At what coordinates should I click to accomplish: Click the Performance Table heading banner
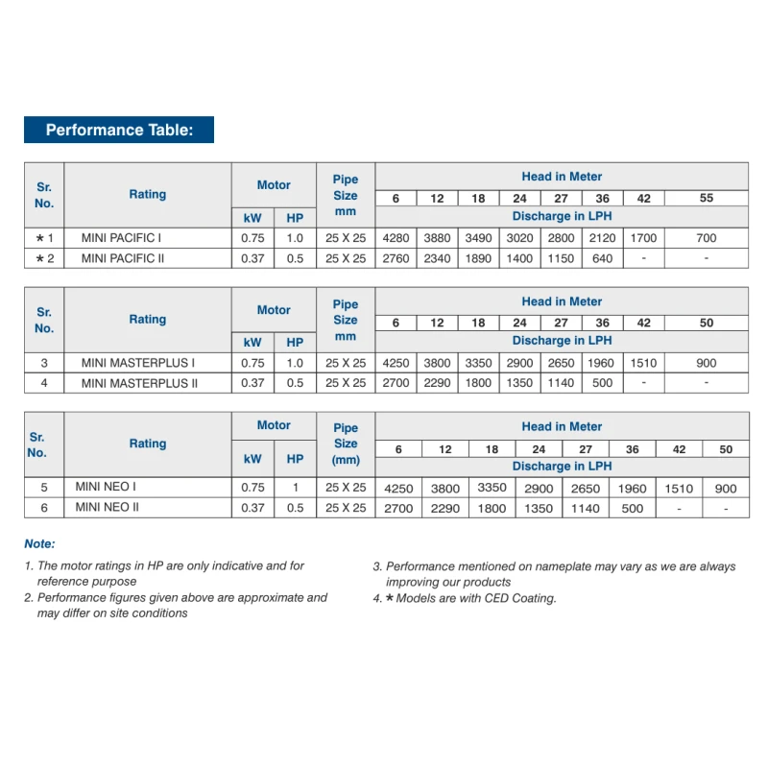tap(119, 130)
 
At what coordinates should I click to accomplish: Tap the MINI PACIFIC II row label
tap(123, 258)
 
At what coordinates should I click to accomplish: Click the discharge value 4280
tap(396, 237)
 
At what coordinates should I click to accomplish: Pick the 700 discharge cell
tap(707, 237)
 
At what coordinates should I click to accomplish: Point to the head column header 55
tap(707, 199)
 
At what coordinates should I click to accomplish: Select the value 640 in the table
tap(602, 258)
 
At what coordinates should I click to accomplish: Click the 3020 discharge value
tap(519, 237)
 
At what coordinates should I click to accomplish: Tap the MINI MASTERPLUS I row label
tap(138, 363)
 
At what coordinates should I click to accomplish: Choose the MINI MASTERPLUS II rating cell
tap(140, 383)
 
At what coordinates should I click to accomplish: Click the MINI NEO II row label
tap(108, 507)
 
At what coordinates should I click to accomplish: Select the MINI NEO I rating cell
tap(106, 487)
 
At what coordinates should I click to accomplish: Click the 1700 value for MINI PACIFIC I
tap(643, 237)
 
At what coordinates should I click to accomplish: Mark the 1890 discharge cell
tap(478, 258)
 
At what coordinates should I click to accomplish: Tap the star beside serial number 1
tap(39, 237)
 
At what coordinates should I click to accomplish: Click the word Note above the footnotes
tap(39, 543)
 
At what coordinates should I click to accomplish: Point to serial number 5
tap(44, 487)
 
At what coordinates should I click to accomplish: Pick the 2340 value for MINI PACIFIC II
tap(437, 258)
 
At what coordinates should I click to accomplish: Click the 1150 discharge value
tap(561, 258)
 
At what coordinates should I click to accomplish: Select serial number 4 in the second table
tap(44, 383)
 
